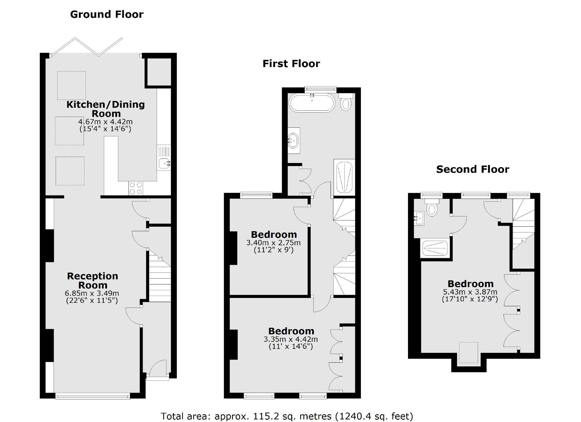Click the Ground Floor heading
click(107, 14)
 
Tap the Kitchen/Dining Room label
click(106, 109)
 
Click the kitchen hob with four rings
click(136, 188)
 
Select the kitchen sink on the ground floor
click(164, 163)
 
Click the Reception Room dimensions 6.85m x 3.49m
click(92, 293)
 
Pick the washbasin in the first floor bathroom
click(293, 140)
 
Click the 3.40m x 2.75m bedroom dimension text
click(273, 243)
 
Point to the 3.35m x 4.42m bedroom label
click(291, 331)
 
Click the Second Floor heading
click(473, 169)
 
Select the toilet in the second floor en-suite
click(432, 209)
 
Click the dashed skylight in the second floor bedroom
click(469, 352)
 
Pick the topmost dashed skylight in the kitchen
click(71, 85)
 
